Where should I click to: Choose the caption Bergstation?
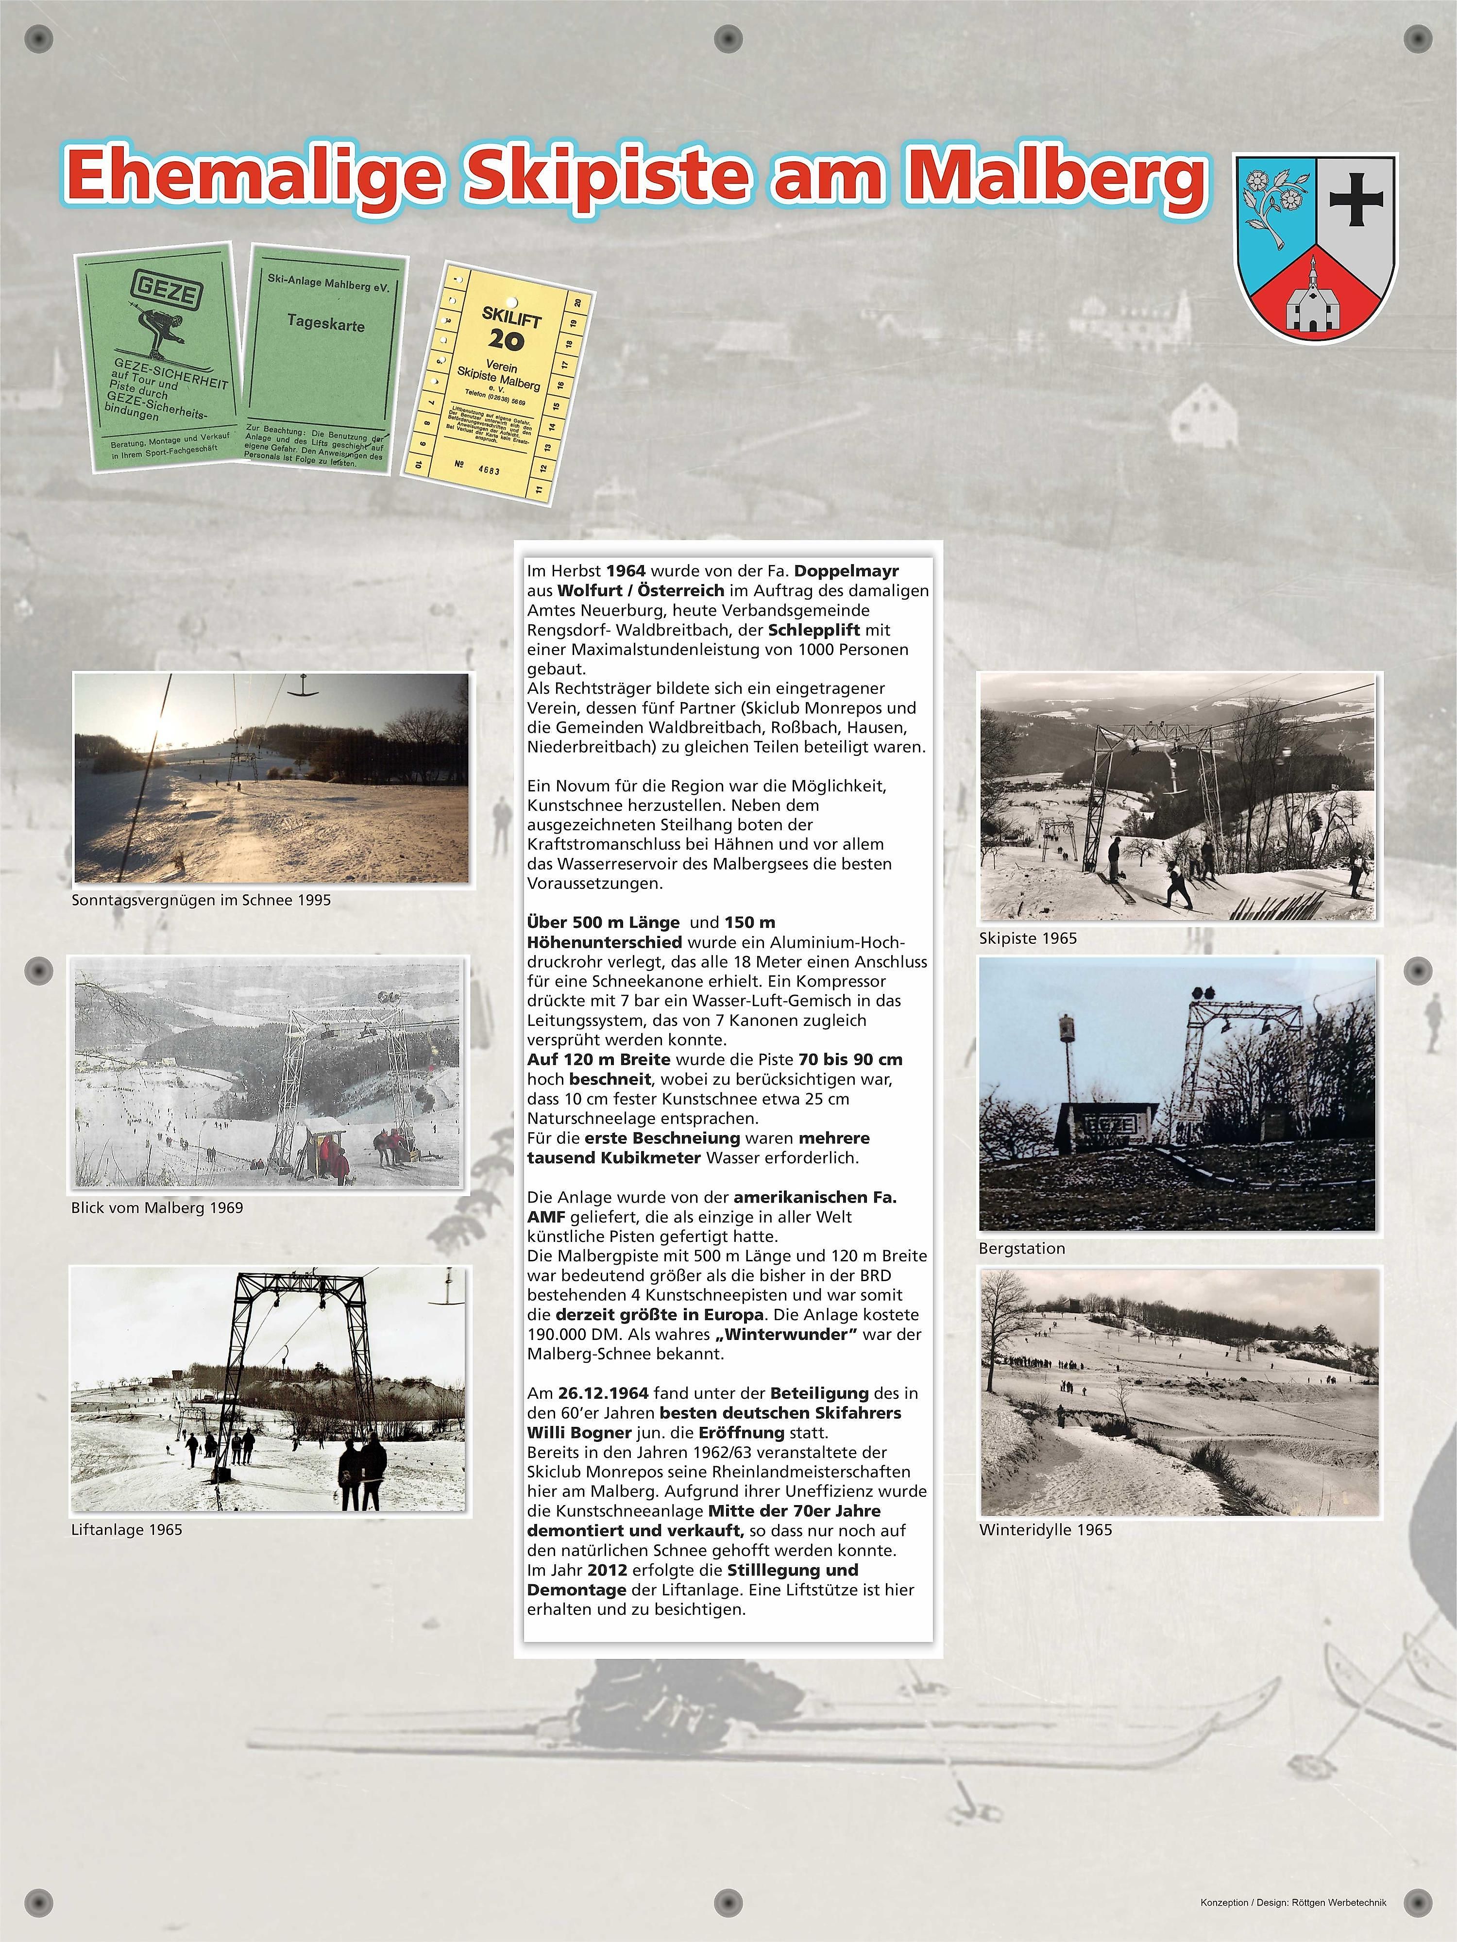(x=1021, y=1248)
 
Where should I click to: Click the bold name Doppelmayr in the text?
(x=847, y=570)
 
